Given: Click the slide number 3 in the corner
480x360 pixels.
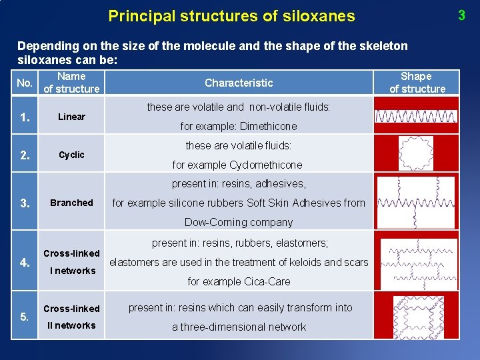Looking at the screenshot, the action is click(461, 15).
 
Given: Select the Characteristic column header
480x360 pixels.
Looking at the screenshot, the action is click(239, 83).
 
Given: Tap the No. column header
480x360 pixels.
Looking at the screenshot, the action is click(25, 83).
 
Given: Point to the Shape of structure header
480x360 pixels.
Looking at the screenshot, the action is click(417, 83).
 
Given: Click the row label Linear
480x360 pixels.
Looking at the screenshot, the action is click(71, 117).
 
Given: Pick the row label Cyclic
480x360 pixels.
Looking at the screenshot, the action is click(71, 155).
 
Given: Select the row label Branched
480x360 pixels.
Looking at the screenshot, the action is click(71, 203).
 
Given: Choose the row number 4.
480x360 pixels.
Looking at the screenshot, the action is click(25, 263).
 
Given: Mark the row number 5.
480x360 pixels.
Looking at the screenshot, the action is click(25, 317).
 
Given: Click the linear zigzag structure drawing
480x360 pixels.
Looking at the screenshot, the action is click(416, 116).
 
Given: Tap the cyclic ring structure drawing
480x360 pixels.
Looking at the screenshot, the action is click(415, 154).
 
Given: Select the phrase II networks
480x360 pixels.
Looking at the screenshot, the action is click(71, 325).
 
